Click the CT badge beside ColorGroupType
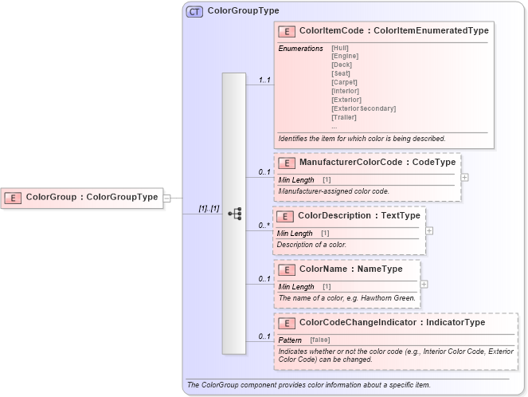pyautogui.click(x=194, y=12)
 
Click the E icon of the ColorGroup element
pyautogui.click(x=14, y=197)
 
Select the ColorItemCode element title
pyautogui.click(x=393, y=30)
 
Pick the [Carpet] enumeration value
pyautogui.click(x=344, y=82)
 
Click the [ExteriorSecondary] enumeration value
pyautogui.click(x=363, y=108)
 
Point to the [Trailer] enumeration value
pyautogui.click(x=345, y=117)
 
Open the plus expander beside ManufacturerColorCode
pyautogui.click(x=464, y=178)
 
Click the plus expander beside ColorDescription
pyautogui.click(x=429, y=230)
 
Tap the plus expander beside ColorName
pyautogui.click(x=424, y=284)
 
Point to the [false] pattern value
pyautogui.click(x=320, y=340)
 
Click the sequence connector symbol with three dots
pyautogui.click(x=234, y=214)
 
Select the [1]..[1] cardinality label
pyautogui.click(x=209, y=208)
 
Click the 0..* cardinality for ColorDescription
pyautogui.click(x=264, y=226)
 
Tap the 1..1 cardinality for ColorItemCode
pyautogui.click(x=264, y=80)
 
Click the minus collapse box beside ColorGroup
pyautogui.click(x=167, y=198)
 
